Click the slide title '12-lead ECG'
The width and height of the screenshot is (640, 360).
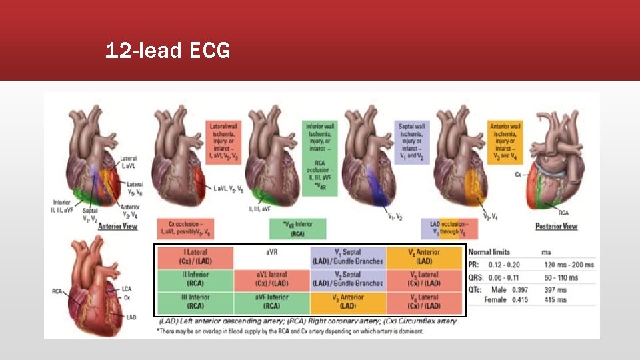(x=167, y=51)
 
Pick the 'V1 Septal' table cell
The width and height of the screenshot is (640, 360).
(x=347, y=257)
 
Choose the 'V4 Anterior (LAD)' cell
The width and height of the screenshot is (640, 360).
(x=425, y=257)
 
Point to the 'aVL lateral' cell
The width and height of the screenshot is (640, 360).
(x=271, y=279)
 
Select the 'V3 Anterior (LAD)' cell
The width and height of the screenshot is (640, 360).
(x=347, y=301)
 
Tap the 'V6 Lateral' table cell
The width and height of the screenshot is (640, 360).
(x=425, y=301)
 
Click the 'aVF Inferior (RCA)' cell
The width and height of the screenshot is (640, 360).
(x=271, y=301)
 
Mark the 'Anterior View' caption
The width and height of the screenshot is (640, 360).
(x=117, y=227)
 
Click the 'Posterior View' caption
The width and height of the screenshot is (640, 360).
(x=556, y=227)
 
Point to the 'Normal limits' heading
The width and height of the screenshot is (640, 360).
(x=490, y=252)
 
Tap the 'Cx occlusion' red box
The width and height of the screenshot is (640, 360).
(x=187, y=229)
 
